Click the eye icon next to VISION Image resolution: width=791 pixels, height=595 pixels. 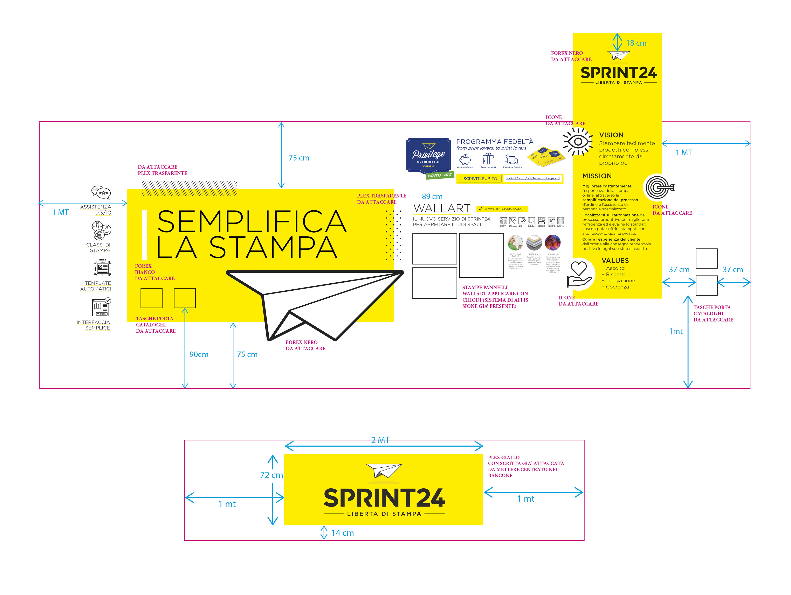[x=578, y=142]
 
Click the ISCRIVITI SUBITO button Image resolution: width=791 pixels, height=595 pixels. [x=480, y=179]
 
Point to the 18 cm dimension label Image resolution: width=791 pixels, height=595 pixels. [x=636, y=43]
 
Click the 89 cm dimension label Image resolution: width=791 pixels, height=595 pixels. [x=432, y=197]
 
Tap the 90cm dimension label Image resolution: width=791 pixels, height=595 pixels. [x=199, y=354]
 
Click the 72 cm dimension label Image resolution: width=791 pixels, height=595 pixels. [x=271, y=475]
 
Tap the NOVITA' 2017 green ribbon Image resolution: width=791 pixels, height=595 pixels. [x=440, y=175]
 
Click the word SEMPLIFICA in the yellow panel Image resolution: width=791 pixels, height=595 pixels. [x=252, y=222]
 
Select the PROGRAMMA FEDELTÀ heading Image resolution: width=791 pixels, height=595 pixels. [x=495, y=142]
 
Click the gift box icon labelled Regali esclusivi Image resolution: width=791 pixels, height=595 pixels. [x=488, y=159]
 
